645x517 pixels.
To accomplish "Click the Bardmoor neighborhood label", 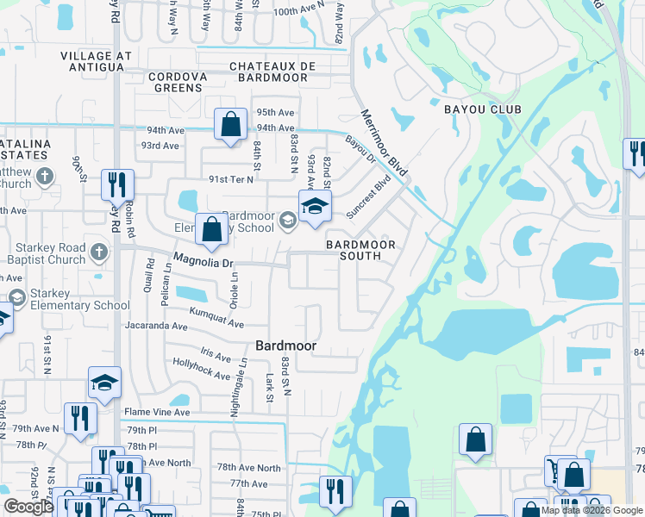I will [285, 346].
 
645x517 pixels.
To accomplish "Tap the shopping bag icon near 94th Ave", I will [231, 125].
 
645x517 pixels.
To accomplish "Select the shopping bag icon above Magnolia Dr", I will [211, 229].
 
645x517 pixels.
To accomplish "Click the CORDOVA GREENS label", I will [178, 77].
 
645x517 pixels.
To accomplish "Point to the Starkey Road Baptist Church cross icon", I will [100, 252].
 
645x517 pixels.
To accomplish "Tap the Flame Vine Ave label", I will [157, 412].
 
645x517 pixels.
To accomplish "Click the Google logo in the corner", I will [28, 507].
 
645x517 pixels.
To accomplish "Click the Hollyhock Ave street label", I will [201, 371].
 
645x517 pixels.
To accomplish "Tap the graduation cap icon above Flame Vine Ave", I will [104, 383].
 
